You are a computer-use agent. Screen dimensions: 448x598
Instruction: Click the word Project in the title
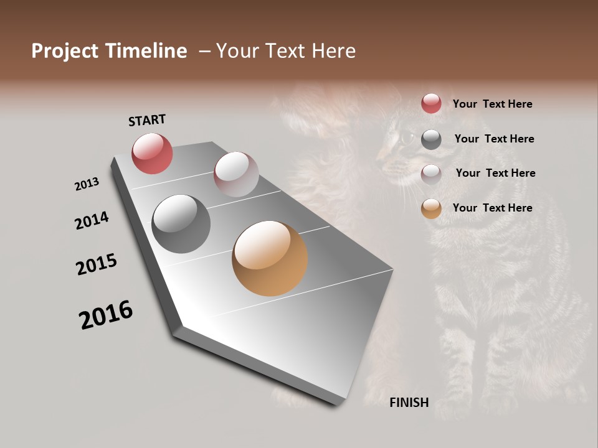tap(64, 51)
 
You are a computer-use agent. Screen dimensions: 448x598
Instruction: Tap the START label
tap(147, 120)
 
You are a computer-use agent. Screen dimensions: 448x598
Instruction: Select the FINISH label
tap(409, 403)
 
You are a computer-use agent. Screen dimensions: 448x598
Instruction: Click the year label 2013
tap(87, 184)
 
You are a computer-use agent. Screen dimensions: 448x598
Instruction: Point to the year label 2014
tap(92, 220)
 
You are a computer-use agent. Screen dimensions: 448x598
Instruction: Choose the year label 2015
tap(97, 264)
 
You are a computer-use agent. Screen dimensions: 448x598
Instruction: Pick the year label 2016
tap(106, 315)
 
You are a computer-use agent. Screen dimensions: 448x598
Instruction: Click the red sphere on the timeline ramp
tap(152, 153)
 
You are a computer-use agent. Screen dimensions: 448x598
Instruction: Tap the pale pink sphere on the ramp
tap(236, 174)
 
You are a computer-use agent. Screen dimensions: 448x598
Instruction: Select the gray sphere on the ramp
tap(181, 224)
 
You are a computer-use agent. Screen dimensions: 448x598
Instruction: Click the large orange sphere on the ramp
tap(270, 258)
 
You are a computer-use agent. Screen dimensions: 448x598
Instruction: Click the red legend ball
tap(431, 103)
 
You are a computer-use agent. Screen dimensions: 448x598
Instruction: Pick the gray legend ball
tap(431, 139)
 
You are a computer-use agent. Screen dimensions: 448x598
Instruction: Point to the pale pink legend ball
tap(431, 174)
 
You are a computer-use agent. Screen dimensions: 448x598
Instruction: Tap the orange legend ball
tap(431, 208)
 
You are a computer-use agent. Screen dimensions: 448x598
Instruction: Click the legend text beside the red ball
tap(492, 104)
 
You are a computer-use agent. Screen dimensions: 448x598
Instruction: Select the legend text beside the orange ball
tap(492, 208)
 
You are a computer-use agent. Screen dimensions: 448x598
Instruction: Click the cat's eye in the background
tap(406, 136)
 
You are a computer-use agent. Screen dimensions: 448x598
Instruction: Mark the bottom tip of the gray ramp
tap(337, 404)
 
